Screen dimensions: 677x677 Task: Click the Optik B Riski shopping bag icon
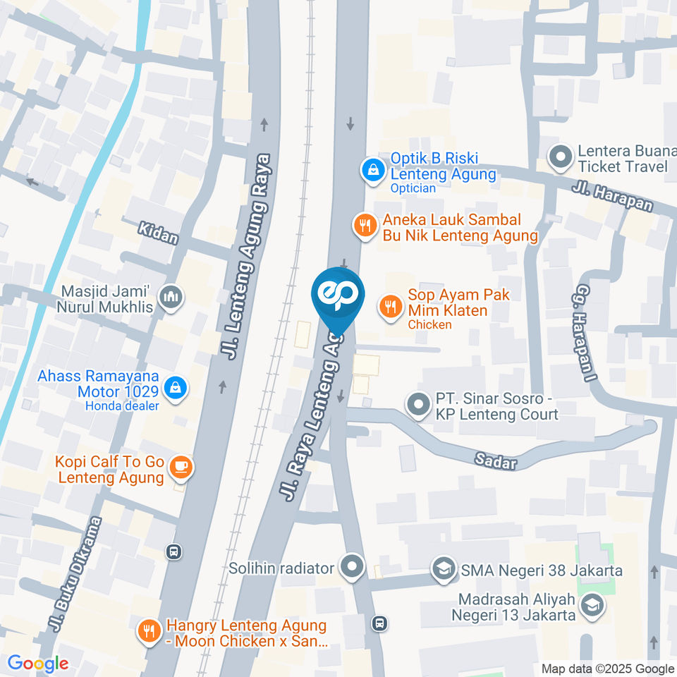click(x=371, y=169)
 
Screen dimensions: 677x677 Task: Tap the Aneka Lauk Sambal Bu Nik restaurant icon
click(x=364, y=225)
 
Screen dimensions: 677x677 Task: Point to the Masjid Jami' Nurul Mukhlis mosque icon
click(x=171, y=298)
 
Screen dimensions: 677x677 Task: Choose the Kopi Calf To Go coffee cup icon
click(x=181, y=467)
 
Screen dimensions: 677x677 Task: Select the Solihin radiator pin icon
click(x=350, y=566)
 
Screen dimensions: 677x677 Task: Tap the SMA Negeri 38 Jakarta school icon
click(x=444, y=568)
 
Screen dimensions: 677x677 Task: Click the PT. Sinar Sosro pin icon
click(x=418, y=405)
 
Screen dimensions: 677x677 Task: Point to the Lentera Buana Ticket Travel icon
click(x=561, y=158)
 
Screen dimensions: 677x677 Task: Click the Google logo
click(x=38, y=663)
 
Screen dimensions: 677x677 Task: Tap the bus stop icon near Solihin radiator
click(x=379, y=623)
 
